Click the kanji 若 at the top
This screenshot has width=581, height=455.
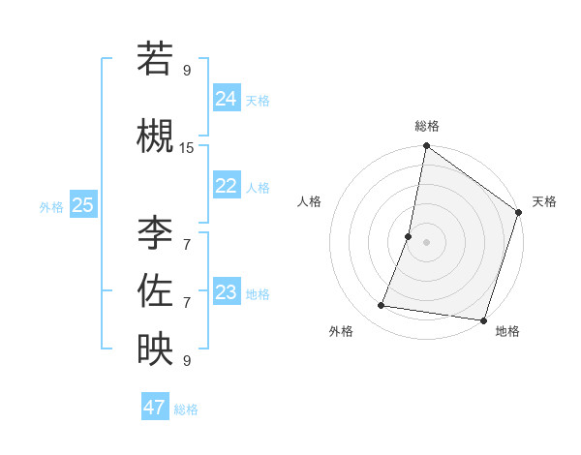point(155,59)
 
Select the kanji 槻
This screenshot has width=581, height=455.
point(155,136)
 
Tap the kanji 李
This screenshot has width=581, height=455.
point(155,233)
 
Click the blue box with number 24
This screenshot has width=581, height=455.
point(226,99)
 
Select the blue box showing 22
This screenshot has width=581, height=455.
point(226,186)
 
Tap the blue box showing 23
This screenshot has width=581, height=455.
point(226,292)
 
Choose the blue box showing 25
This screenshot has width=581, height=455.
point(82,205)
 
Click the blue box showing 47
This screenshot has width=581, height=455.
point(154,408)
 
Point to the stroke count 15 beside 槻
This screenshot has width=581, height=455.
point(187,147)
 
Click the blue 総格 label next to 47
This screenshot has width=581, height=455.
point(186,409)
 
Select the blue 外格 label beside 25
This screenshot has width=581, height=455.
point(51,206)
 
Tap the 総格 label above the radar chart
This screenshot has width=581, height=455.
point(426,126)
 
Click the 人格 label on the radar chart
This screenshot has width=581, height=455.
point(310,201)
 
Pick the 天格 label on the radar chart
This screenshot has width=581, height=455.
point(544,201)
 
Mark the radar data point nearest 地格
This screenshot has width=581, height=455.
point(482,319)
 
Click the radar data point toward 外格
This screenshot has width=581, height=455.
point(382,306)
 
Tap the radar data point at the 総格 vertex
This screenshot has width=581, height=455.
point(426,146)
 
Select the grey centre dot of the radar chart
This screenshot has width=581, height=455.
point(426,242)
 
